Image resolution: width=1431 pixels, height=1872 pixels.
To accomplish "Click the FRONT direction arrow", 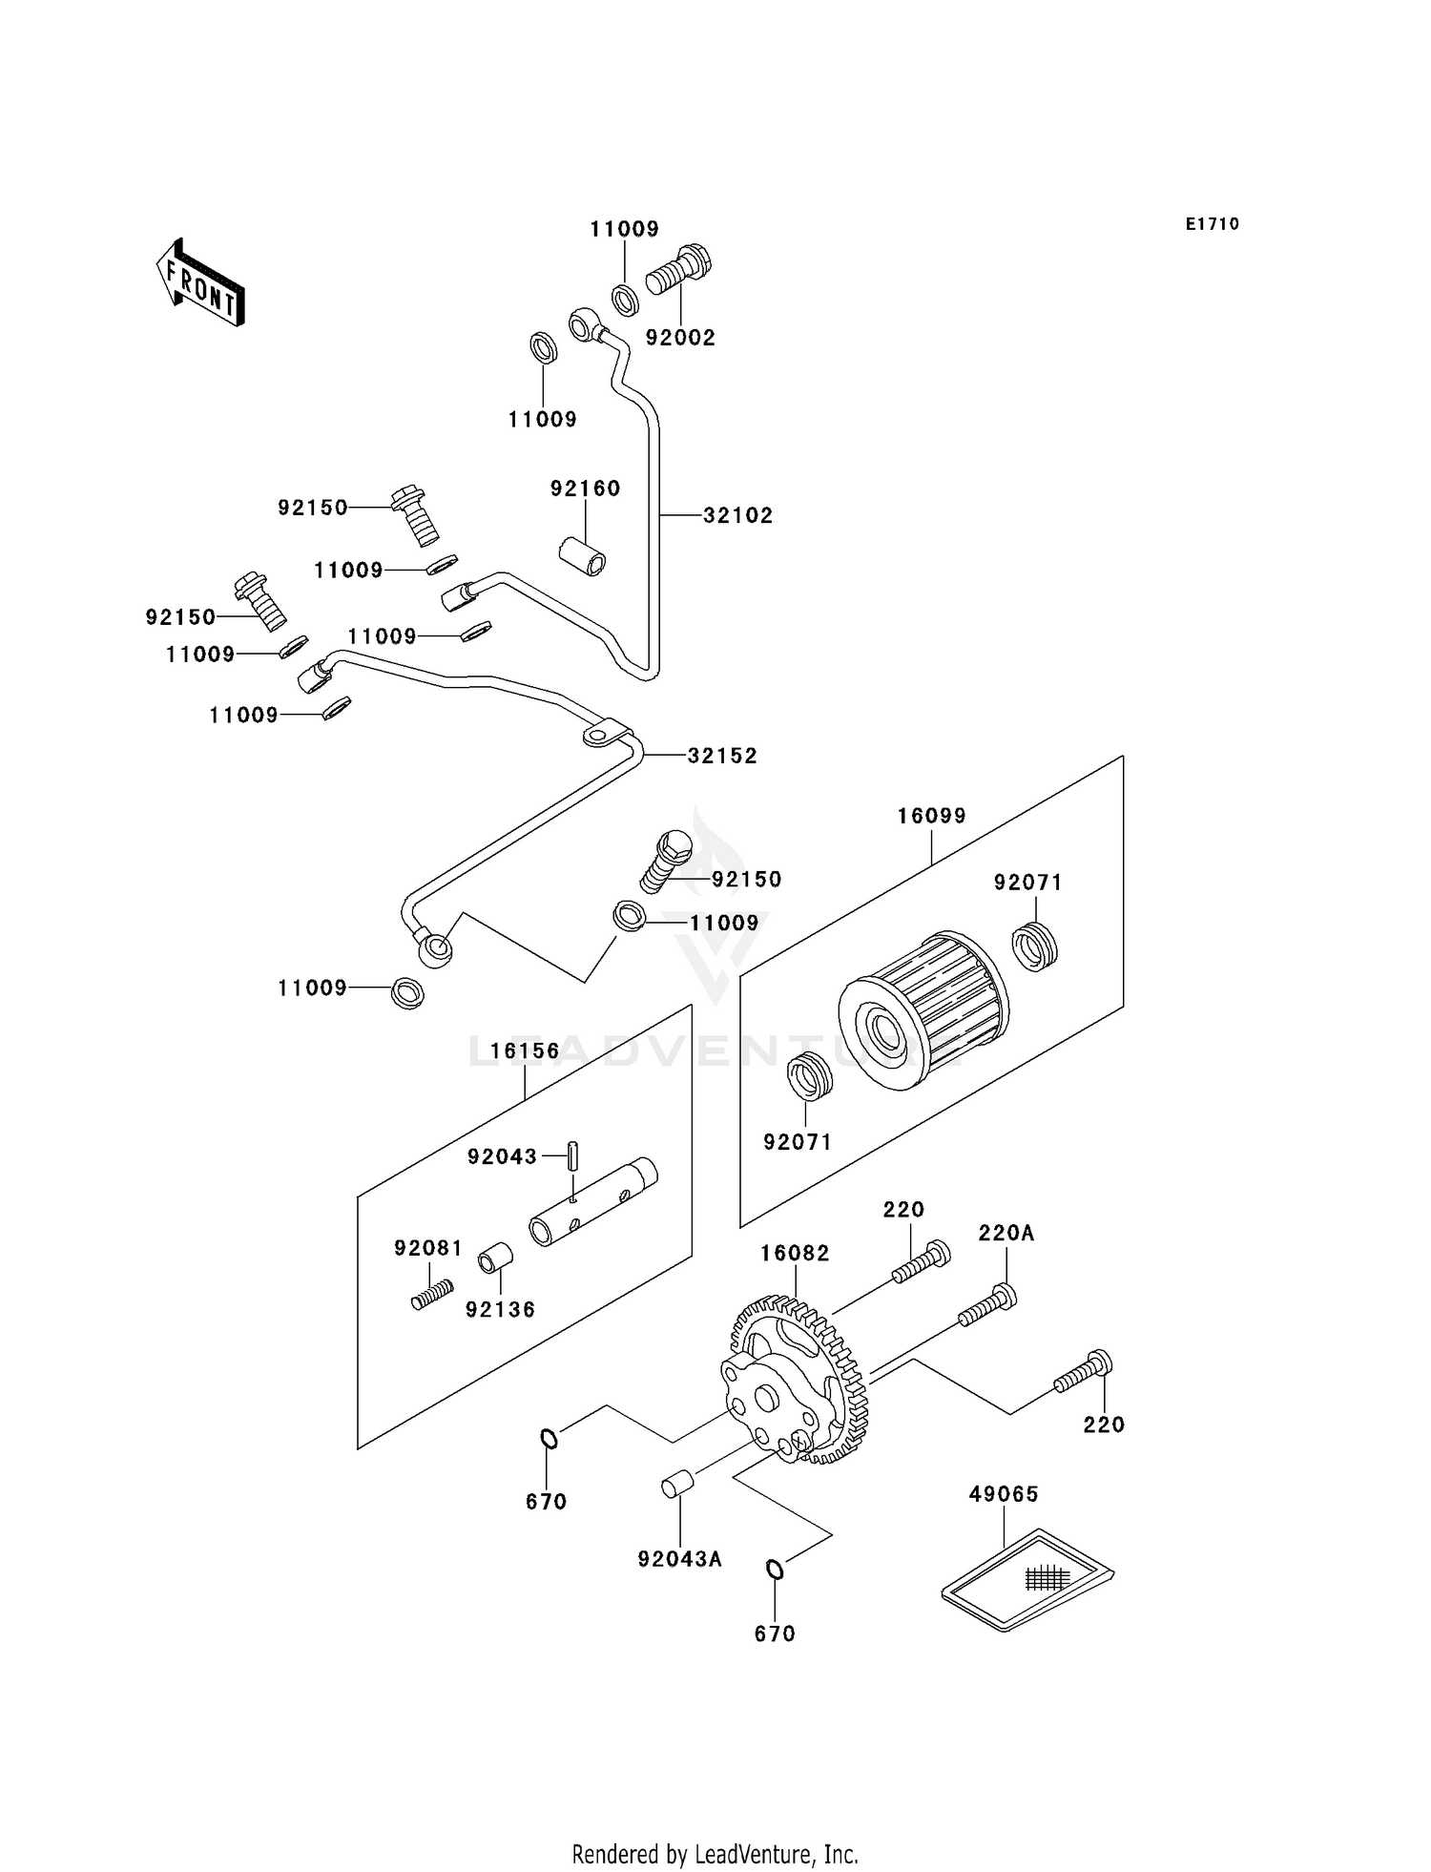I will click(200, 283).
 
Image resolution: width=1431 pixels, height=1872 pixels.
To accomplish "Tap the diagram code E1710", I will click(1213, 224).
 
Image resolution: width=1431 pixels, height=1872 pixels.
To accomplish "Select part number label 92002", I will click(680, 338).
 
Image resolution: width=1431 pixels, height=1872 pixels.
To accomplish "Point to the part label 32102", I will click(737, 516).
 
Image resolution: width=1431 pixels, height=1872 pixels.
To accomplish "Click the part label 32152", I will click(722, 756).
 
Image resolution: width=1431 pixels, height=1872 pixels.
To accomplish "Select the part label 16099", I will click(931, 816).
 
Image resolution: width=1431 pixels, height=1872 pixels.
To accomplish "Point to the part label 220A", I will click(1006, 1234).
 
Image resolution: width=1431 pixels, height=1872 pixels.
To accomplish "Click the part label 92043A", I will click(680, 1559).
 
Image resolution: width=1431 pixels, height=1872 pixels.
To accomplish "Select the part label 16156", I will click(525, 1051).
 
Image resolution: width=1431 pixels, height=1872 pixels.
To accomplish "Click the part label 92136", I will click(500, 1310).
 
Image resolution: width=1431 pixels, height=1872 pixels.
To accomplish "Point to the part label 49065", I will click(1004, 1494).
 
